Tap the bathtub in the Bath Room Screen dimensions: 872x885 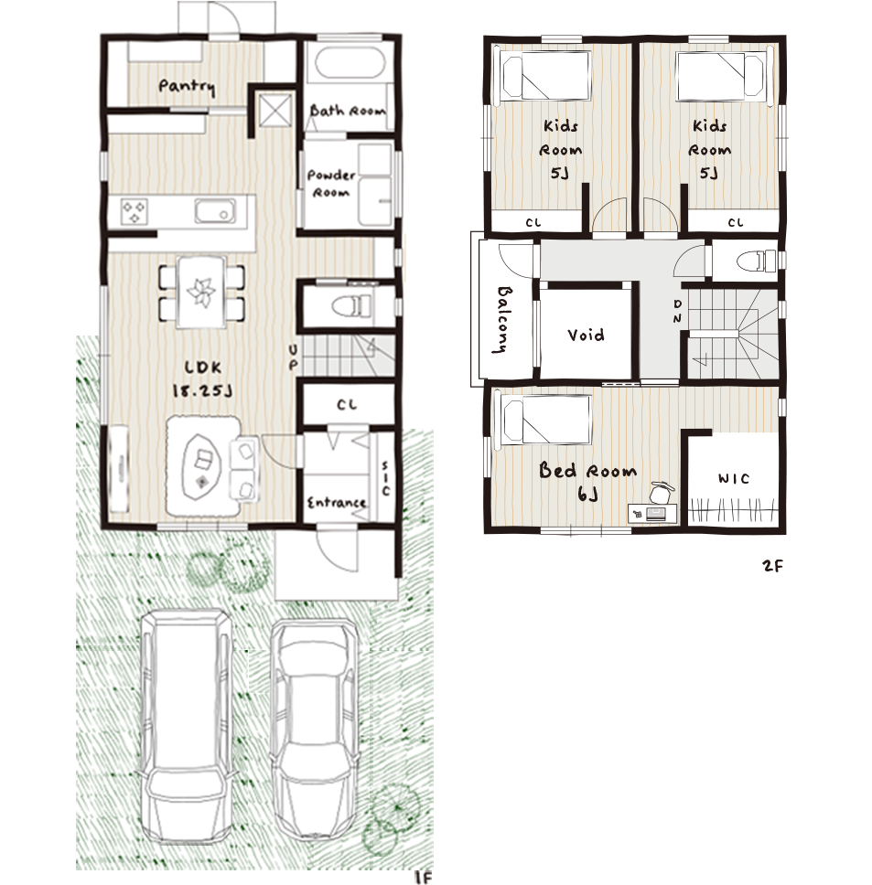(x=350, y=63)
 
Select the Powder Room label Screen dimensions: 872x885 (x=331, y=183)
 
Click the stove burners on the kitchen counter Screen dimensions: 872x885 (x=135, y=212)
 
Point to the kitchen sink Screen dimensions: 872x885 (x=215, y=211)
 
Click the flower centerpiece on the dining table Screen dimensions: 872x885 (x=201, y=292)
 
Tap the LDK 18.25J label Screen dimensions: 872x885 (x=202, y=379)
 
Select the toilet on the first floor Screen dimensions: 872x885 (x=351, y=306)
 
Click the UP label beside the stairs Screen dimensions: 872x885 (x=293, y=357)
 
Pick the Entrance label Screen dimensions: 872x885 (x=337, y=502)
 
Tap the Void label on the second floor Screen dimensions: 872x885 (x=586, y=336)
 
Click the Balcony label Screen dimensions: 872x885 (x=502, y=319)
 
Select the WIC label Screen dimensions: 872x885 (x=734, y=479)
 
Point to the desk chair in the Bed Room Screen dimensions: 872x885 (x=661, y=492)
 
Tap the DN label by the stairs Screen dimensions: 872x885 (x=677, y=311)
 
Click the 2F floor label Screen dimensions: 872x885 (x=772, y=565)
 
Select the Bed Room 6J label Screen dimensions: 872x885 (x=587, y=480)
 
